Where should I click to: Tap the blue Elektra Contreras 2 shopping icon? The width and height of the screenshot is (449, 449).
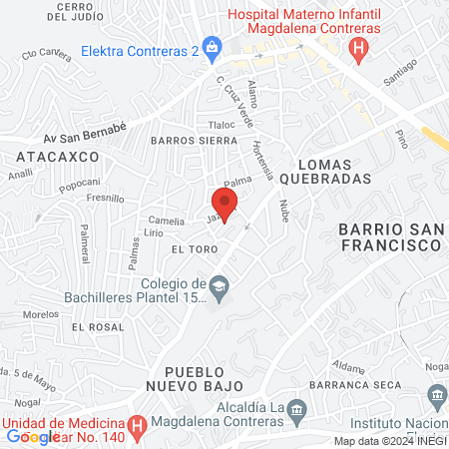click(x=212, y=46)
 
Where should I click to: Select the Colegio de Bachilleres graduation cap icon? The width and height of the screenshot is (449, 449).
click(x=218, y=288)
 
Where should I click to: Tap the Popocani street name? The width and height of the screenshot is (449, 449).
click(x=79, y=182)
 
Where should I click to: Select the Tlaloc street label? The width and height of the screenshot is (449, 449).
click(x=221, y=125)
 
